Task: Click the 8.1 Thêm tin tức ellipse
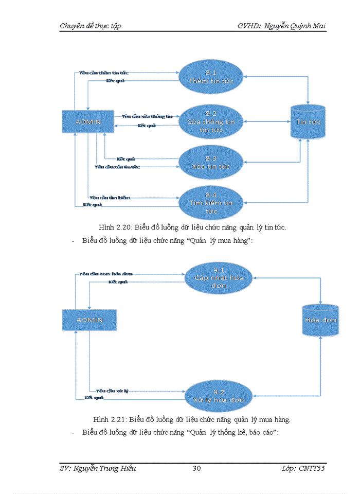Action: [x=210, y=77]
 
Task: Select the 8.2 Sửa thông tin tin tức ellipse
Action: [x=211, y=122]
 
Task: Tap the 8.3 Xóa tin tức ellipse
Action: [x=210, y=162]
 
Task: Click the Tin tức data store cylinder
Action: [x=308, y=121]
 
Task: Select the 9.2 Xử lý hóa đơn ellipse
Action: [x=219, y=395]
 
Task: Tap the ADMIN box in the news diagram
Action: [x=88, y=122]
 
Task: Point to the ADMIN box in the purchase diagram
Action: [x=89, y=320]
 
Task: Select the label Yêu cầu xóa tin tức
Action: [x=117, y=167]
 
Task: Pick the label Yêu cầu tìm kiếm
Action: [x=109, y=198]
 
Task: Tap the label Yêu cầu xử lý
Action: [x=112, y=391]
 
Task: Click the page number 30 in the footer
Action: [x=196, y=468]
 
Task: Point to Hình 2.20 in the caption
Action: [x=111, y=227]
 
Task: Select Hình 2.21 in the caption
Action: [x=108, y=419]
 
